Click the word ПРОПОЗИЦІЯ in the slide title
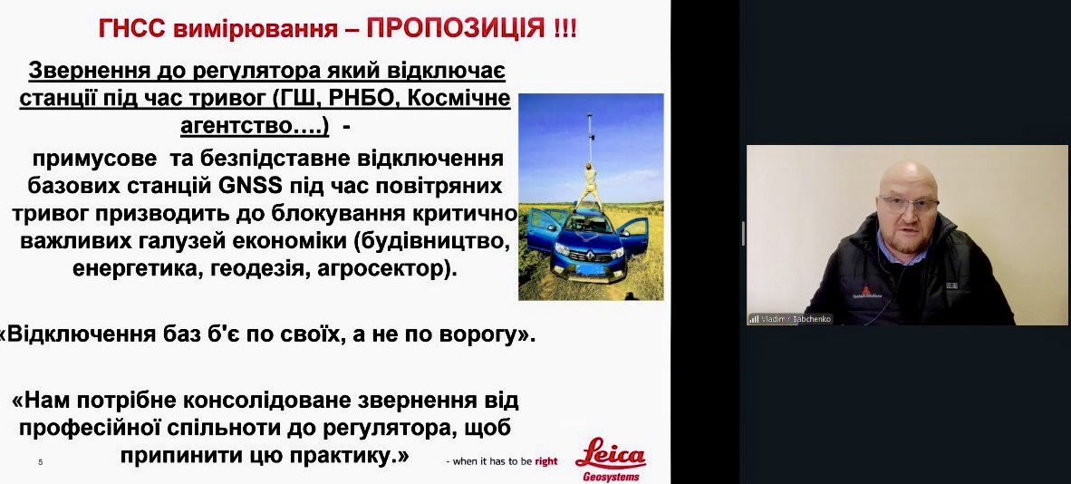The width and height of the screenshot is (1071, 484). click(x=455, y=30)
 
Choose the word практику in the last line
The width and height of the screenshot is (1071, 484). click(x=345, y=455)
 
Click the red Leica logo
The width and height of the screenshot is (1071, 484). click(x=610, y=455)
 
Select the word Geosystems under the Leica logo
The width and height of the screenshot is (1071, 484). click(x=612, y=477)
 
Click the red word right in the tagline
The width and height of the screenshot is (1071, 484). click(x=545, y=461)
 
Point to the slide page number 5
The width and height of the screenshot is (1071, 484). click(x=40, y=463)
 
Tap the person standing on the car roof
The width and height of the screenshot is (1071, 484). click(x=586, y=185)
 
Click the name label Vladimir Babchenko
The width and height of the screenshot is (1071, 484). click(x=796, y=319)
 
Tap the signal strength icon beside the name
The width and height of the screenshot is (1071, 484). click(x=754, y=319)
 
